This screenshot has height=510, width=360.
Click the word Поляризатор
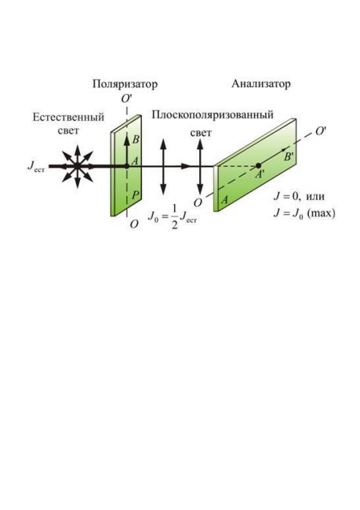point(125,84)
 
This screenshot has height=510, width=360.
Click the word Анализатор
point(261,84)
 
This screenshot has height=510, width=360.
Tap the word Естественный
point(68,117)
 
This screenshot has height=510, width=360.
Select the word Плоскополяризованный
point(213,115)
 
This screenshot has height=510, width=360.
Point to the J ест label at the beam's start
point(36,166)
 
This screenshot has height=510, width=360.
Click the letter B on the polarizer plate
point(136,140)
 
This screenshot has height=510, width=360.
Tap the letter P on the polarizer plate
point(136,195)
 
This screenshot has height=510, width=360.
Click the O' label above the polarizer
point(125,99)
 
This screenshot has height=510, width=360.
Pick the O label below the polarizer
point(134,224)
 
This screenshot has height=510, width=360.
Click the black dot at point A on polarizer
point(127,166)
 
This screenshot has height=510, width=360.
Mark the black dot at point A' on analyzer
point(259,166)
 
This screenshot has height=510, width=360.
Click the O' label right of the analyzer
point(320,131)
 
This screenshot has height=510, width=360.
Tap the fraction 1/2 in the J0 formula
point(175,217)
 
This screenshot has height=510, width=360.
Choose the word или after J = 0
point(315,197)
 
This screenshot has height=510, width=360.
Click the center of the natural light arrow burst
point(77,166)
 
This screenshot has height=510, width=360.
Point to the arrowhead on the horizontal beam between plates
point(185,166)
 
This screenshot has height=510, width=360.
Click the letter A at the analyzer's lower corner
point(224,200)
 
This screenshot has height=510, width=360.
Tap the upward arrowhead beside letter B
point(127,139)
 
